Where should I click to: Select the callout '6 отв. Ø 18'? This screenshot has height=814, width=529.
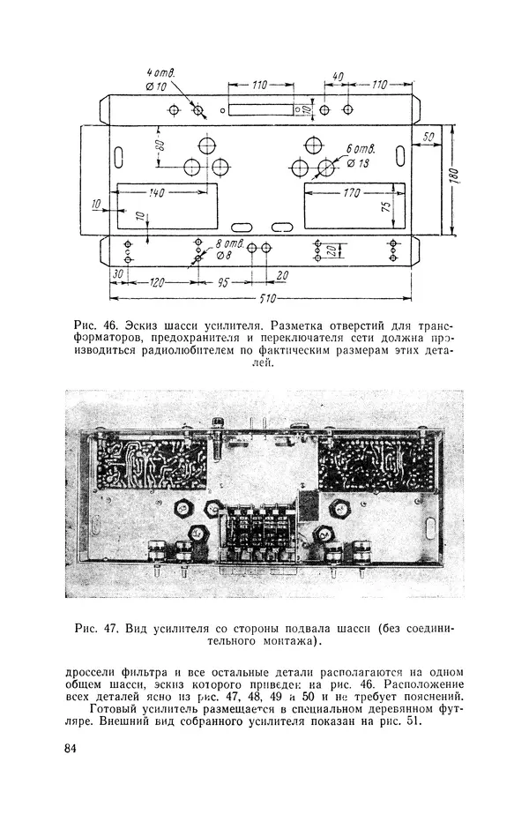(x=361, y=157)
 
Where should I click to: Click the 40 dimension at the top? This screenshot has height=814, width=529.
(x=338, y=77)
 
